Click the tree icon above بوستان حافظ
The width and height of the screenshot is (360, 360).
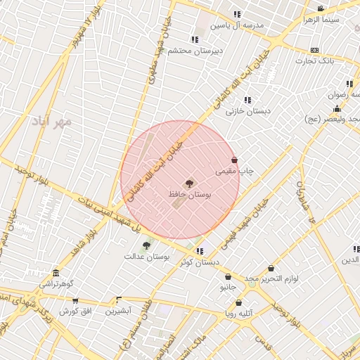coord(189,183)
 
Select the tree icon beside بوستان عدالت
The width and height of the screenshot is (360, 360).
coord(146,245)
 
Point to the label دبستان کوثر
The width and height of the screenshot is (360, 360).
coord(199,262)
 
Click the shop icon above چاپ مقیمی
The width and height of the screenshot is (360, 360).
coord(234,160)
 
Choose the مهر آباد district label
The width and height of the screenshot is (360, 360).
coord(51,121)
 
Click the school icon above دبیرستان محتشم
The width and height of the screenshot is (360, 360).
coord(195,39)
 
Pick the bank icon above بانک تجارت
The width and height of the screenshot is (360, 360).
coord(314,50)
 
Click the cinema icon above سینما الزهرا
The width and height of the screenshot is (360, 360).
coord(321,9)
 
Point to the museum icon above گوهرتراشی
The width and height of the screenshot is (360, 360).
coord(56,274)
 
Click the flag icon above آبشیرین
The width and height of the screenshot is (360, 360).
coord(117,300)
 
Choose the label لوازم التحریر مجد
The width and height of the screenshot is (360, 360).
coord(271,279)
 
